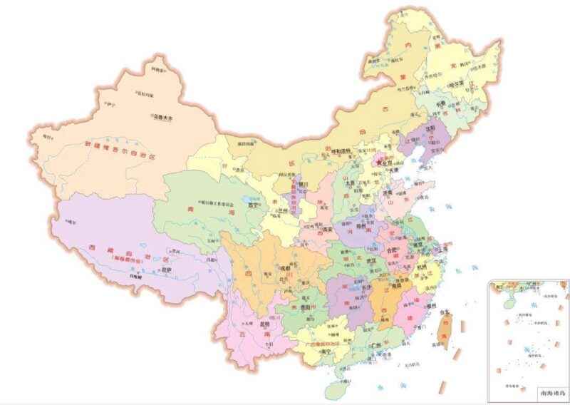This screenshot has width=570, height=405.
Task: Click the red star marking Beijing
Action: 378,162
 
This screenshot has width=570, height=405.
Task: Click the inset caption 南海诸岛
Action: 553,391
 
